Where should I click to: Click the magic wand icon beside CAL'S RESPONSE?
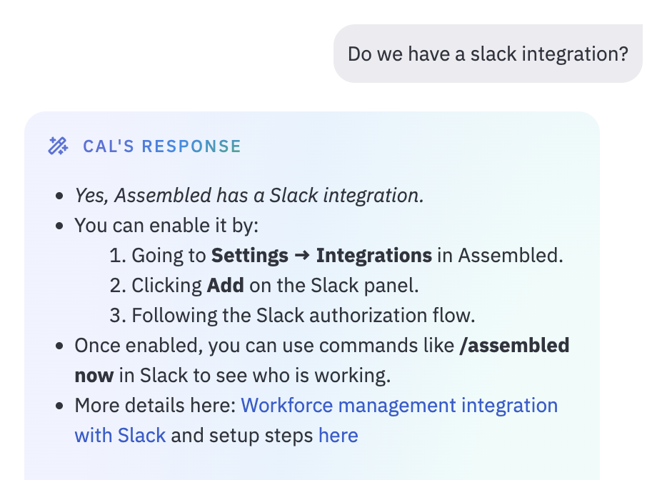tap(58, 146)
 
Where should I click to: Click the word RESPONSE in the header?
tap(191, 146)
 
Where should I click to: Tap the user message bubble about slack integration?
tap(488, 54)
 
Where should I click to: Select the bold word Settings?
tap(250, 255)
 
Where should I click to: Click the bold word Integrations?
tap(374, 255)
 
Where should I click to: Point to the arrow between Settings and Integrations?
tap(302, 255)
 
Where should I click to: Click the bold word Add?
tap(225, 285)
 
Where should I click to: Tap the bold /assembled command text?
tap(514, 345)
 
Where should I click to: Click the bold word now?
tap(94, 376)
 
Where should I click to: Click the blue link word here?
tap(338, 435)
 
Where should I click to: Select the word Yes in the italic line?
tap(92, 196)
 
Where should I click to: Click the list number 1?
tap(118, 255)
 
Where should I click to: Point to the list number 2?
tap(118, 285)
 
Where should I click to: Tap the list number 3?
tap(118, 315)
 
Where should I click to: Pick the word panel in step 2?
tap(391, 286)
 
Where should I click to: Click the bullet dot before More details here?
tap(59, 406)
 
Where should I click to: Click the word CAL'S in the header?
tap(109, 146)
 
